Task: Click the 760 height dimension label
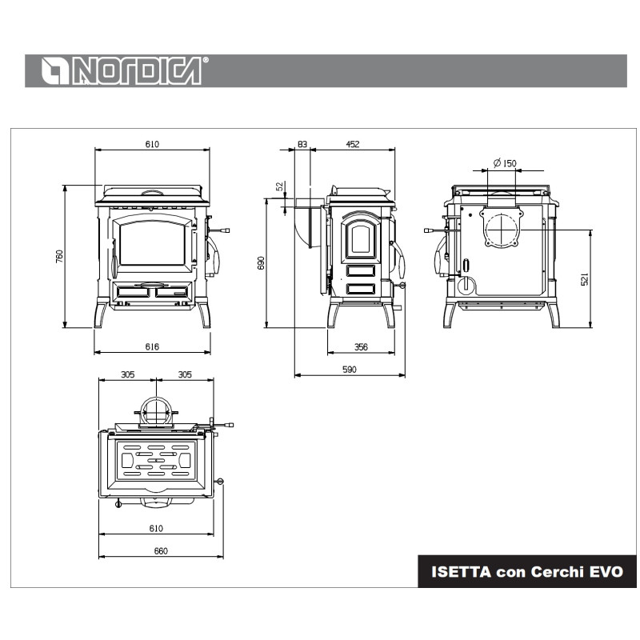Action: click(59, 256)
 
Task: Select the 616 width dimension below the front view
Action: click(152, 346)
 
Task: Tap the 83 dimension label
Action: click(302, 144)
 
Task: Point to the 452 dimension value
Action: click(353, 144)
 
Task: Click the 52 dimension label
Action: click(279, 186)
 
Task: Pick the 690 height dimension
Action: click(262, 263)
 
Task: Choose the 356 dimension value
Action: click(362, 347)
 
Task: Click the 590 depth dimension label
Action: click(350, 370)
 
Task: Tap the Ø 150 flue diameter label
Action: click(505, 163)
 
